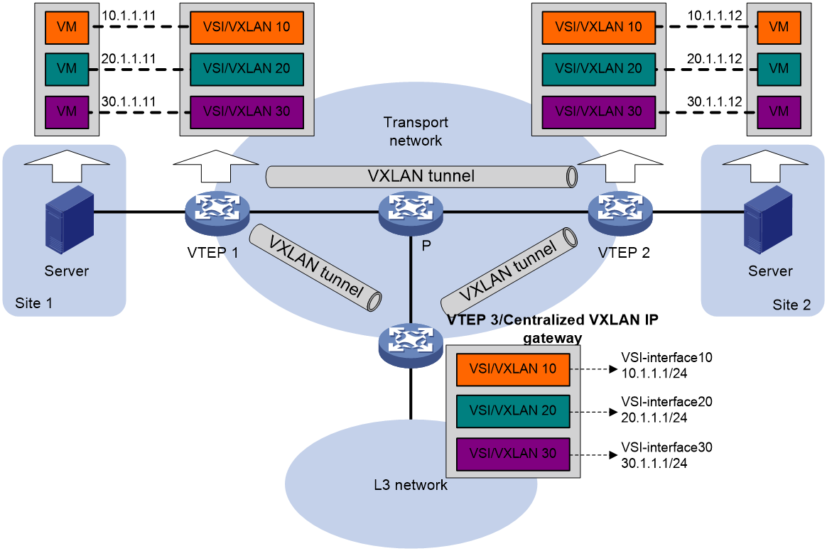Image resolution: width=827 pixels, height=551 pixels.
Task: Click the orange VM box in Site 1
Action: [66, 27]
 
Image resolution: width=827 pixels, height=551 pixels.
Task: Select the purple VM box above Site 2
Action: [779, 111]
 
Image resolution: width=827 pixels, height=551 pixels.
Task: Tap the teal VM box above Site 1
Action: [66, 69]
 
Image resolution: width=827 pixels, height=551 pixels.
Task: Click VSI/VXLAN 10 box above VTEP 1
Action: [247, 27]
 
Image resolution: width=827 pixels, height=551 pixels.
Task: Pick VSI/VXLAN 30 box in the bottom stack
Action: [512, 453]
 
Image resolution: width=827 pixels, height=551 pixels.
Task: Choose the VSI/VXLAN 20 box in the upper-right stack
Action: [598, 69]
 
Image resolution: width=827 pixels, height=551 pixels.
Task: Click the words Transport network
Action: [416, 131]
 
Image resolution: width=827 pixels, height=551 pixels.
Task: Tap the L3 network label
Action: [411, 486]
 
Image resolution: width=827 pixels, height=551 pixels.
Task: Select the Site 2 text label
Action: [791, 305]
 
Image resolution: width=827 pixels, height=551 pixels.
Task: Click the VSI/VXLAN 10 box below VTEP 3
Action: [512, 369]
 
